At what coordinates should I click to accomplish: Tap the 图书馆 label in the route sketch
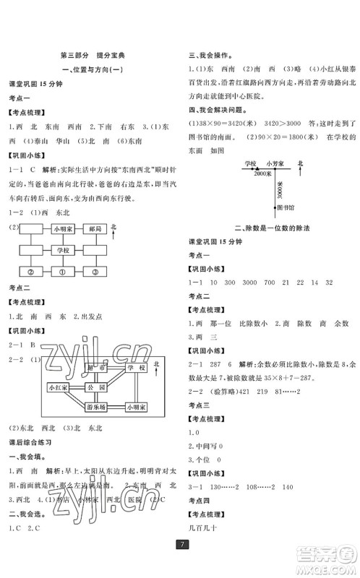pyautogui.click(x=286, y=205)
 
